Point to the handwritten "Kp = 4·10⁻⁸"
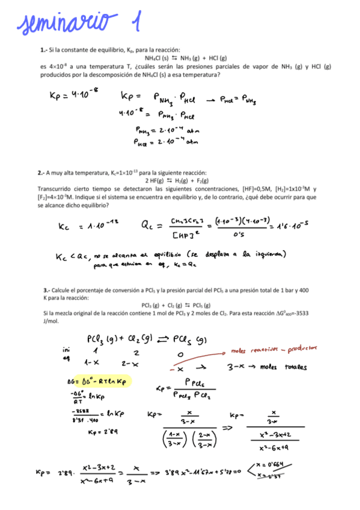pos(73,95)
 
